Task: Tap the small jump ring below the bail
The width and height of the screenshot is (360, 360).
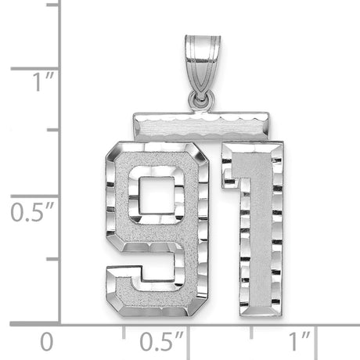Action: coord(202,99)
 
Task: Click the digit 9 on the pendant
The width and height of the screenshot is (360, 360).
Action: coord(160,219)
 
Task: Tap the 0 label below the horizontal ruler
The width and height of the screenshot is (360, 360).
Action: coord(49,342)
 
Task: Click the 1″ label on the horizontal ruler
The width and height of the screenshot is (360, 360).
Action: coord(297,342)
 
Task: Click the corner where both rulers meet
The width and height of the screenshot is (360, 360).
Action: coord(62,322)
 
